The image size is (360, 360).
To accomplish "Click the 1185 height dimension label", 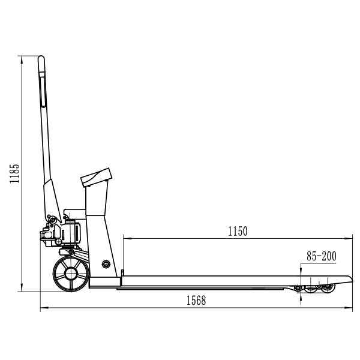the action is [x=14, y=173].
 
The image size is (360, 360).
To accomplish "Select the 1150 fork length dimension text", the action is [x=238, y=232].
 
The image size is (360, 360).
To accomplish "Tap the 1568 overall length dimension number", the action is [x=196, y=301].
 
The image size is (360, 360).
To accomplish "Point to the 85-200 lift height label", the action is [x=322, y=256].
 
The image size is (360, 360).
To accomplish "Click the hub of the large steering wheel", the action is [x=71, y=274].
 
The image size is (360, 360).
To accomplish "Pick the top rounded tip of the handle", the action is [x=41, y=58].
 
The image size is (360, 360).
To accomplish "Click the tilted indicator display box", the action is [x=96, y=178].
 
